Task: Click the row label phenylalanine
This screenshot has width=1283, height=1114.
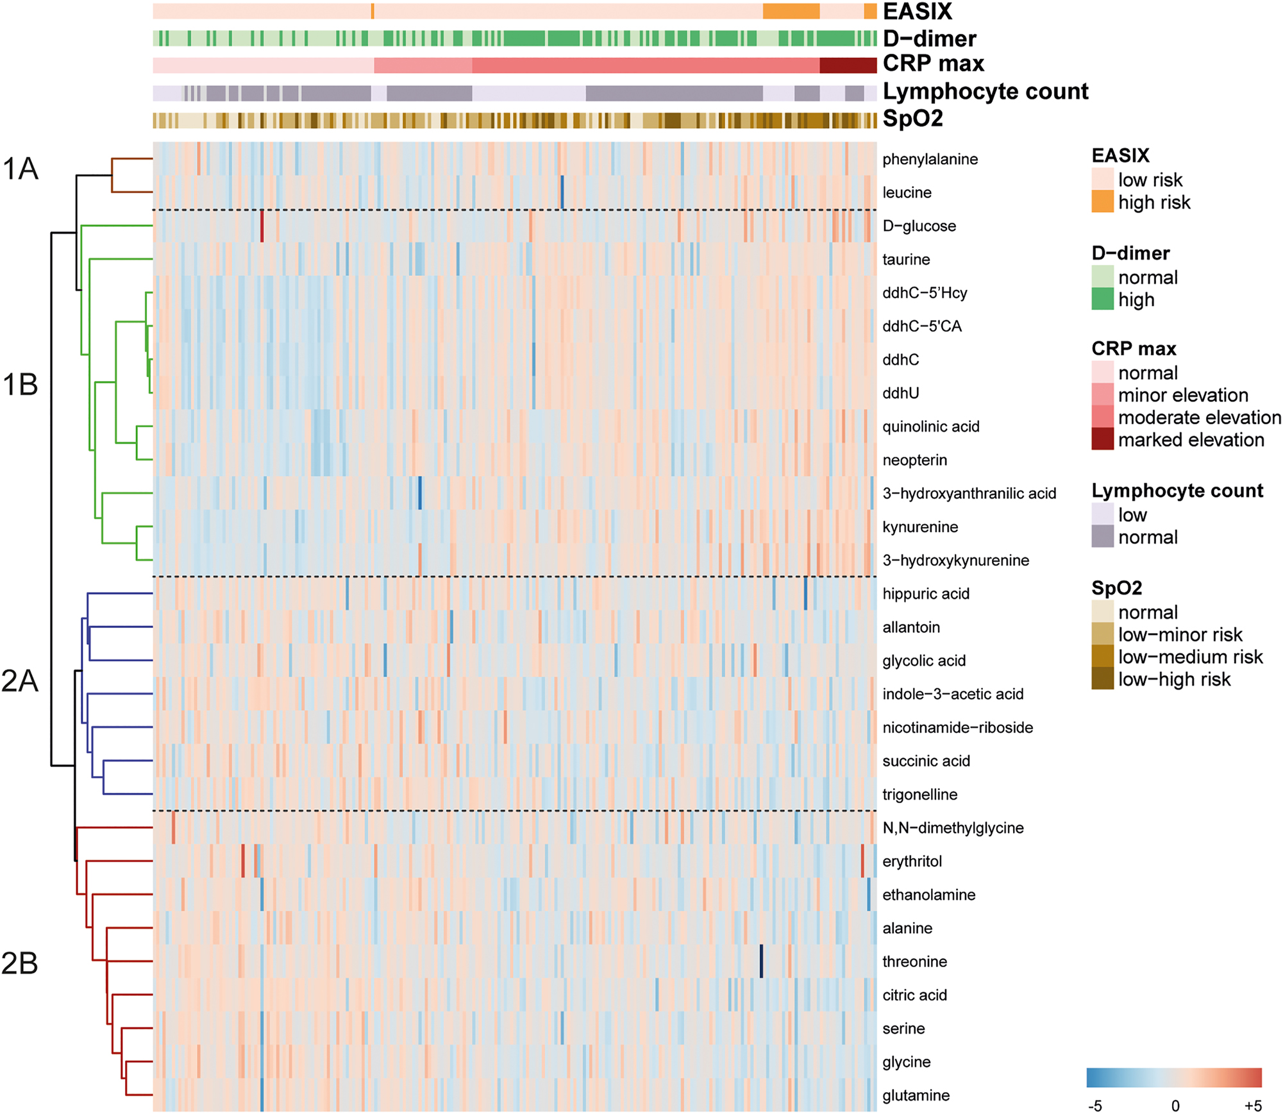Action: pyautogui.click(x=930, y=159)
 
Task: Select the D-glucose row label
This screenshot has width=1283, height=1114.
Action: pyautogui.click(x=919, y=226)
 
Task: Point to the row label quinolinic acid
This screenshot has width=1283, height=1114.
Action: pyautogui.click(x=930, y=426)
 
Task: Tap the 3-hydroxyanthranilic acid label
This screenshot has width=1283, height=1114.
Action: pyautogui.click(x=969, y=493)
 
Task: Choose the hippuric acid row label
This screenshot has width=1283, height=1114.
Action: pyautogui.click(x=925, y=594)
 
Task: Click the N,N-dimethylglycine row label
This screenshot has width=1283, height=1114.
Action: pyautogui.click(x=953, y=828)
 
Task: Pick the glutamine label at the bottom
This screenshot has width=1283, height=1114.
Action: pyautogui.click(x=916, y=1095)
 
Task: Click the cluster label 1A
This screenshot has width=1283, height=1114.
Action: pyautogui.click(x=21, y=169)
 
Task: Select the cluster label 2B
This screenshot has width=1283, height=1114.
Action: pyautogui.click(x=20, y=963)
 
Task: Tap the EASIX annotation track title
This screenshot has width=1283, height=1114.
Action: pyautogui.click(x=917, y=12)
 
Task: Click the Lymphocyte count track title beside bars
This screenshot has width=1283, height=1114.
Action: pyautogui.click(x=985, y=92)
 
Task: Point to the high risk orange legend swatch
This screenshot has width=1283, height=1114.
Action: pyautogui.click(x=1102, y=201)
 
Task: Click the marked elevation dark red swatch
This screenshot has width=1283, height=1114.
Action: pyautogui.click(x=1102, y=439)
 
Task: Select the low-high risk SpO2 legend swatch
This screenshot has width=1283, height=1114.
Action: pyautogui.click(x=1102, y=679)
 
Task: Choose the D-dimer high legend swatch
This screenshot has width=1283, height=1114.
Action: pyautogui.click(x=1102, y=300)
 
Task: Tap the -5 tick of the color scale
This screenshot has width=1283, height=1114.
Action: pyautogui.click(x=1094, y=1106)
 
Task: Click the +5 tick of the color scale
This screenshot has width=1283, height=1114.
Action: pyautogui.click(x=1253, y=1106)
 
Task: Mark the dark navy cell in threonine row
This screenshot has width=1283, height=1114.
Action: pyautogui.click(x=761, y=961)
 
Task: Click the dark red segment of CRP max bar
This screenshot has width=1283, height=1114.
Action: pyautogui.click(x=848, y=65)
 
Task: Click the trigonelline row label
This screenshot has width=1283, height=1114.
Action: pyautogui.click(x=919, y=795)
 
